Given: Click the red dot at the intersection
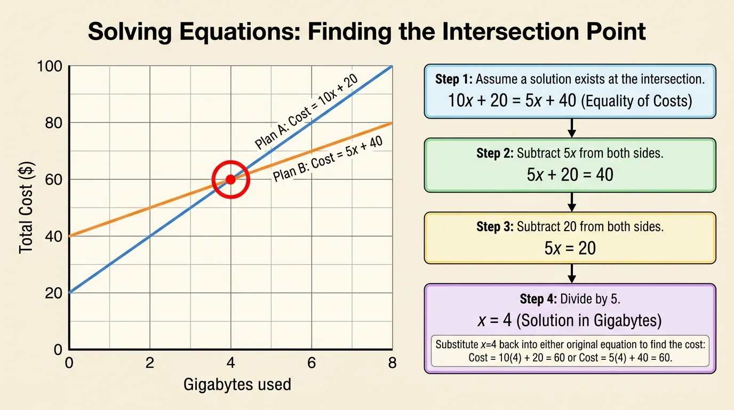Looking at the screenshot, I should pos(230,179).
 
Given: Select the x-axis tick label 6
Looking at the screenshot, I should pos(312,363).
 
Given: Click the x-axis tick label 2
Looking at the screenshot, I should pos(150,363).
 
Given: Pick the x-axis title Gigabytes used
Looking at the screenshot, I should pos(237,384).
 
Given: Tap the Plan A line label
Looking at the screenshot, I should pos(306,113).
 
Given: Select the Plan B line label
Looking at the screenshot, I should pos(329,158).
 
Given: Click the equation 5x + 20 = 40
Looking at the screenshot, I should pos(570,174).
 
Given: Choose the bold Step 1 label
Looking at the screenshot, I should pos(453,80).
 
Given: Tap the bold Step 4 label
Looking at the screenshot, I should pos(538,299).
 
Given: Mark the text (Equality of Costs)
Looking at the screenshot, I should pos(637,100).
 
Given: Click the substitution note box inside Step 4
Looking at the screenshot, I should pos(570,351).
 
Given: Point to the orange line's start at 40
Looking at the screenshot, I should pos(70,236).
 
